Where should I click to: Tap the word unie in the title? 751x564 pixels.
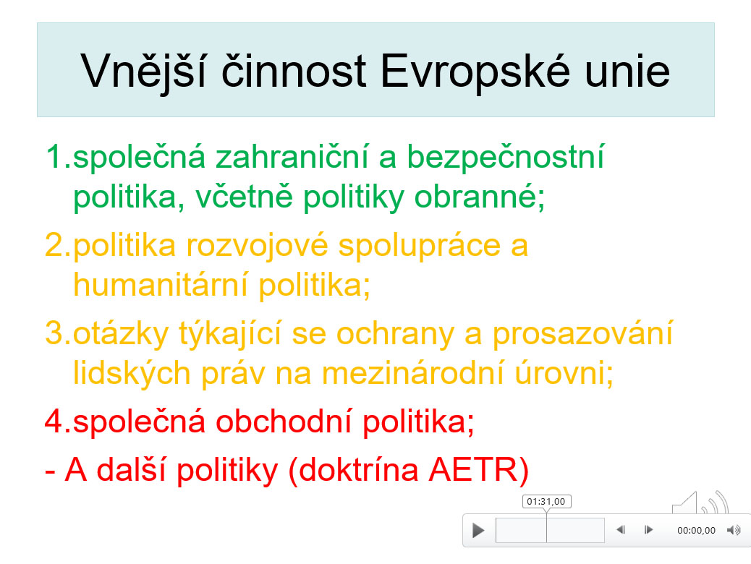(627, 72)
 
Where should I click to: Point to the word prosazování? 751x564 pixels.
(583, 334)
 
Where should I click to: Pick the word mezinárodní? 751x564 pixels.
(413, 373)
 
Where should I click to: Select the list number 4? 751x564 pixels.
(54, 422)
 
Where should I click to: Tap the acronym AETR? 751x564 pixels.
(473, 470)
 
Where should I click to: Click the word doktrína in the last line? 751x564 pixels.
(358, 470)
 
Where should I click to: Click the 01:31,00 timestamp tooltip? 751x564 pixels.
(546, 501)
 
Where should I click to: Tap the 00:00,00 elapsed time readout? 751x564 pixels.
(696, 531)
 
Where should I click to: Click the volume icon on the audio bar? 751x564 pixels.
(734, 530)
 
